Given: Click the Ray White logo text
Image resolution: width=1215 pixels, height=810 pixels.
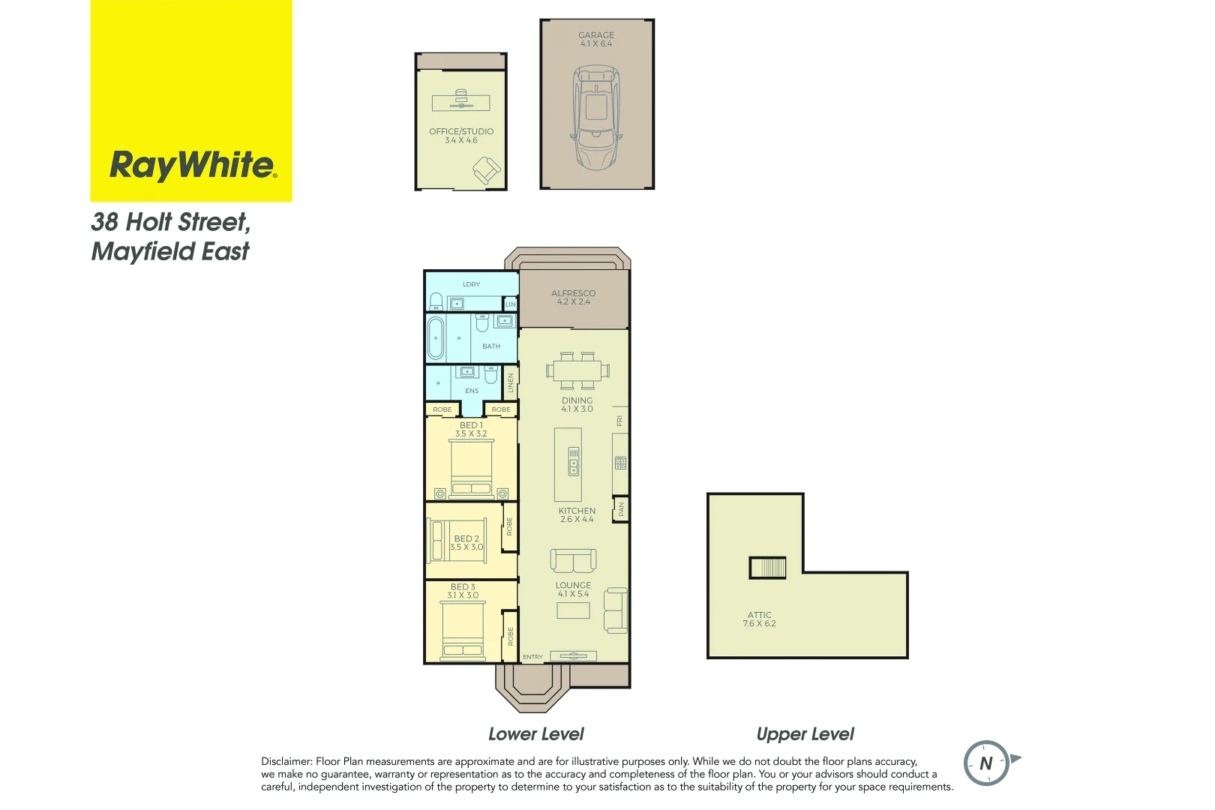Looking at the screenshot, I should (193, 165).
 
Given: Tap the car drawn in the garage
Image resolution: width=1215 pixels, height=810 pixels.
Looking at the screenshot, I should (596, 118).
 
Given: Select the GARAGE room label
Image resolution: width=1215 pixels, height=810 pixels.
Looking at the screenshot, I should (596, 35).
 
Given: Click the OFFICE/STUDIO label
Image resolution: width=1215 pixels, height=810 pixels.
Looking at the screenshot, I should (461, 131).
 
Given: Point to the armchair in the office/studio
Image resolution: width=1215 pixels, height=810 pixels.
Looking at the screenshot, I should (486, 171).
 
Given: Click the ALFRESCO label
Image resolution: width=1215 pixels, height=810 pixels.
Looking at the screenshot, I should (573, 293).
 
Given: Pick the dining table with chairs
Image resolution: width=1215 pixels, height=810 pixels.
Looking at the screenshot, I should (577, 370).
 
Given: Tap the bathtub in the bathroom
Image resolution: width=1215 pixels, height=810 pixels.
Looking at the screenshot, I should (436, 339).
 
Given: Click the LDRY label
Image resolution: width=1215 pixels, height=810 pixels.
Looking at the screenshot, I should (471, 284).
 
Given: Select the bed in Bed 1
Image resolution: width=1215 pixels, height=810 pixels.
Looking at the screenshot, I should (471, 469).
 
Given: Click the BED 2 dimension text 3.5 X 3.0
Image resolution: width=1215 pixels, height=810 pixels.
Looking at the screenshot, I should (466, 547).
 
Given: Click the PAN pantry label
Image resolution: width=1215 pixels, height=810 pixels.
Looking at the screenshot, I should (620, 509).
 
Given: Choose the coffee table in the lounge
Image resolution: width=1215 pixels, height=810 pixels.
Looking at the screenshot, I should (573, 610).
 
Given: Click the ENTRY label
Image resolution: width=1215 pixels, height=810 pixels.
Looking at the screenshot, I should (532, 657).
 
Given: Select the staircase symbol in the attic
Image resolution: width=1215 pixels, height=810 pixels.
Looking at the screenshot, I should (767, 568).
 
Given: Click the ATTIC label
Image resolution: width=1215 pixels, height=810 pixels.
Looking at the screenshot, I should (759, 615).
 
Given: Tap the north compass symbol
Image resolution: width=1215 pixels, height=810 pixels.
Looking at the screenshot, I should (987, 763).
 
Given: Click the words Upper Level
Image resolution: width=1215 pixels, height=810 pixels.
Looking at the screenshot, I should (805, 734).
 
